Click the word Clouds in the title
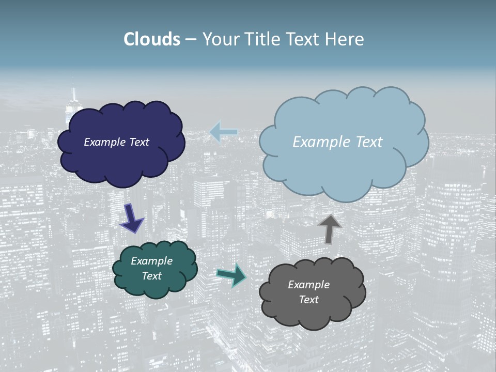click(x=152, y=39)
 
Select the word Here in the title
click(x=346, y=39)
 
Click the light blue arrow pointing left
click(x=223, y=132)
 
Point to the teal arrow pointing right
click(x=231, y=275)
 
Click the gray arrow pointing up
click(x=330, y=229)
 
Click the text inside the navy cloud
click(x=116, y=142)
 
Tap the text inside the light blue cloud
click(x=337, y=142)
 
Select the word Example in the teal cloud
click(x=151, y=261)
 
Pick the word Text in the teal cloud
click(x=151, y=276)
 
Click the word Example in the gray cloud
click(x=308, y=285)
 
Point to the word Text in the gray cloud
click(x=308, y=300)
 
